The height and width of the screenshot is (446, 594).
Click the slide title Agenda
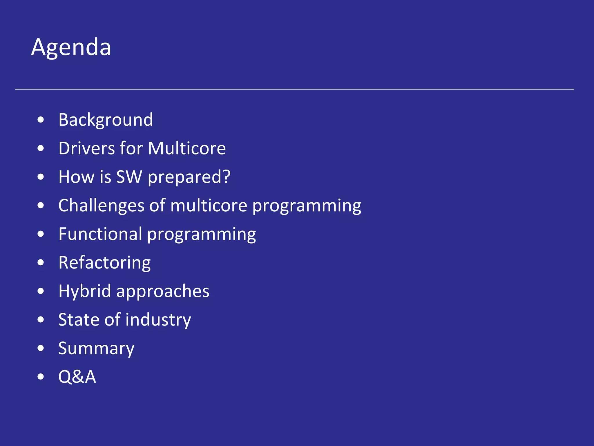(71, 47)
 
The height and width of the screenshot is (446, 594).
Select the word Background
(106, 120)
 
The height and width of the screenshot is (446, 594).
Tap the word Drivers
(87, 148)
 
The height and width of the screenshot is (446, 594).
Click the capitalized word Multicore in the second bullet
(187, 148)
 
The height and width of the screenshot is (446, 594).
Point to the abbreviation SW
(129, 177)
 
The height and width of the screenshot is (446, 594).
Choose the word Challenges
(101, 206)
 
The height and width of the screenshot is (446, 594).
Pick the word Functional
(100, 234)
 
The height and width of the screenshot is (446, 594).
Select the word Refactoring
(104, 263)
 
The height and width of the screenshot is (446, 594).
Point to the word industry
(158, 320)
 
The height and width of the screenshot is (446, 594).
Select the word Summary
(96, 348)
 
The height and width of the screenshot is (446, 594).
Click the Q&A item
(77, 377)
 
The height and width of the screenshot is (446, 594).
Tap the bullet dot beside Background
(41, 120)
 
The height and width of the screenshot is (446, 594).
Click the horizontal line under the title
(294, 89)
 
